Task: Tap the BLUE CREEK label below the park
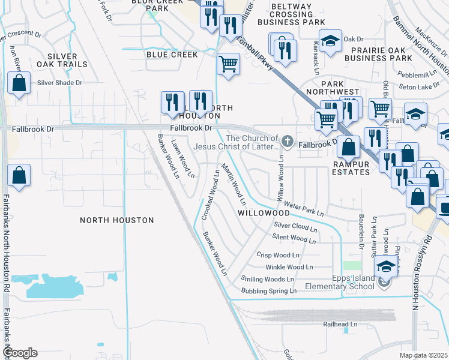point(172,55)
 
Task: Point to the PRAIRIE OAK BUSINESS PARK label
point(382,54)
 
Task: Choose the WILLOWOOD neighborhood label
point(264,213)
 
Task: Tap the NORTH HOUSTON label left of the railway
point(116,220)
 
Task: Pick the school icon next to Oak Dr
point(330,41)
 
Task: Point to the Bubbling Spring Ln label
point(268,291)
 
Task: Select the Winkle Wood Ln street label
point(289,267)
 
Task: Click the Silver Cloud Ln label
point(295,226)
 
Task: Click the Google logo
point(20,353)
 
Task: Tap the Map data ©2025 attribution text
point(423,355)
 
